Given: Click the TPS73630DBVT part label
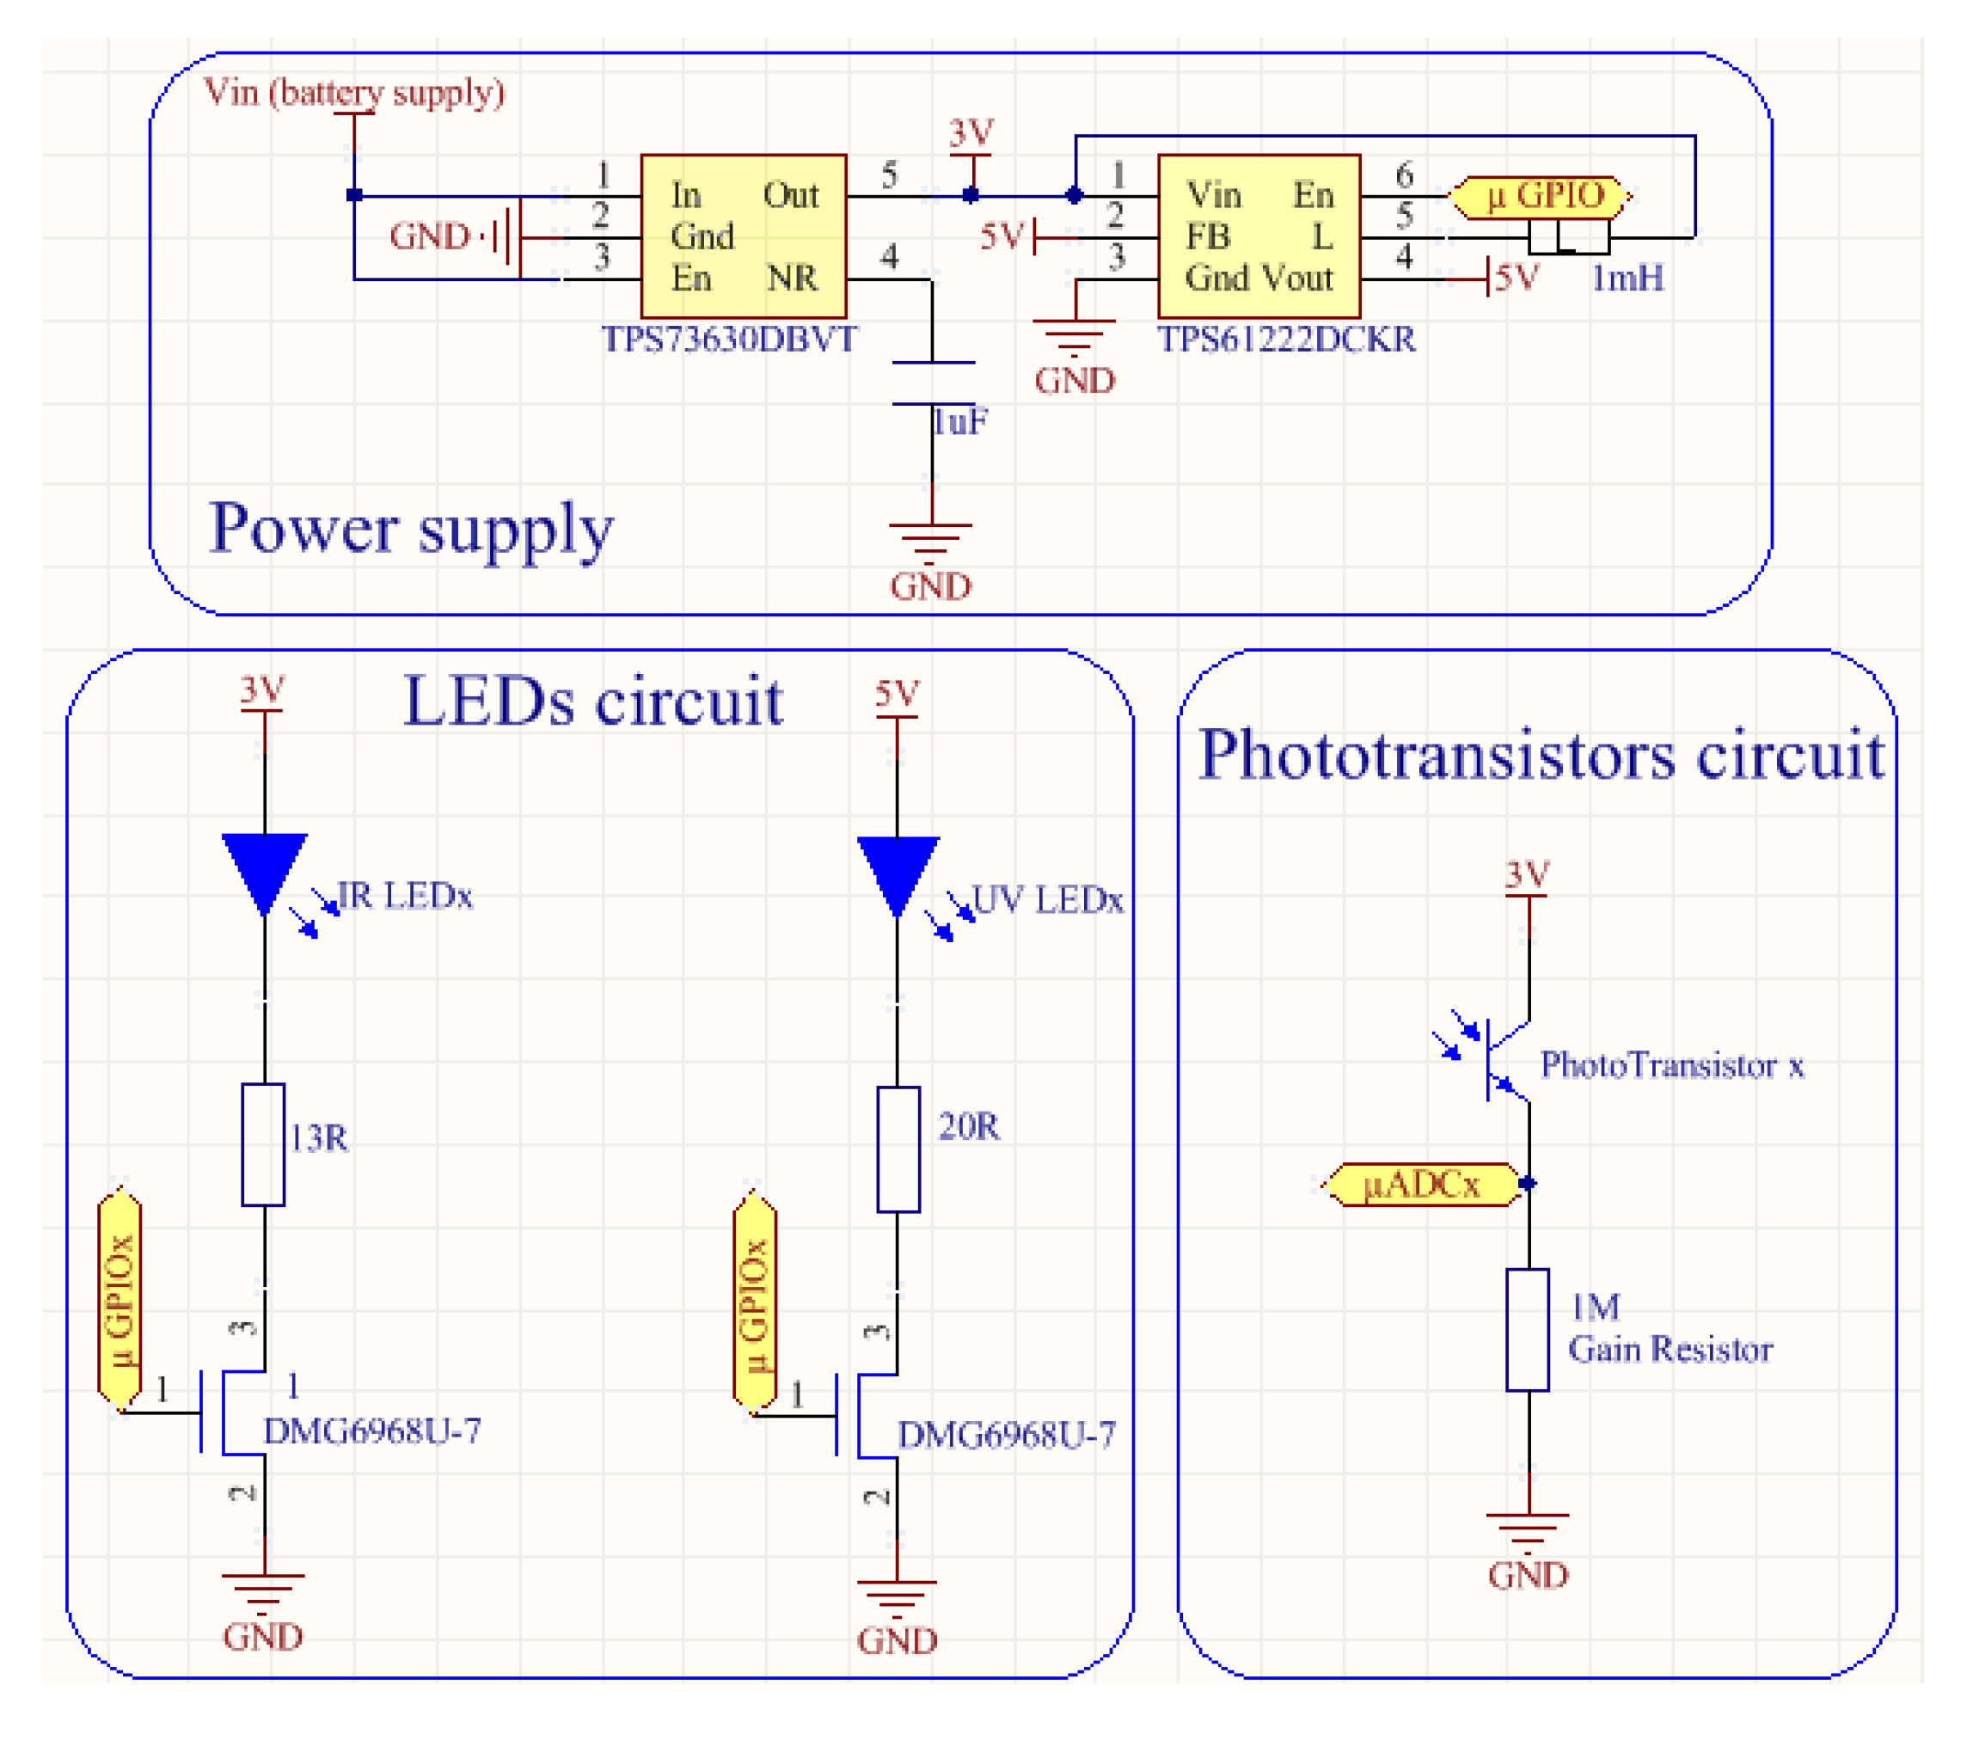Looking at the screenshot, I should [728, 340].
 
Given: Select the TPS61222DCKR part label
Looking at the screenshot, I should [1286, 340].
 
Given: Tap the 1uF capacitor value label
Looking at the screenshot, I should [959, 422].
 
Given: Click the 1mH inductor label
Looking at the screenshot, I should [1627, 279].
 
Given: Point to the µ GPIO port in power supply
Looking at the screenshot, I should [1543, 197].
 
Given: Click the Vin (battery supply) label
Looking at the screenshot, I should [354, 92].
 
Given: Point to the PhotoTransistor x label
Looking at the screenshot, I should [1672, 1065].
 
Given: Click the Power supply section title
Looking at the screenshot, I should [411, 530].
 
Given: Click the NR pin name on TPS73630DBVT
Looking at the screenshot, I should [792, 279].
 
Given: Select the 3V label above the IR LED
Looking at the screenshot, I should [262, 690].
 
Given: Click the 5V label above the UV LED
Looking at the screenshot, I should [897, 695].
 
